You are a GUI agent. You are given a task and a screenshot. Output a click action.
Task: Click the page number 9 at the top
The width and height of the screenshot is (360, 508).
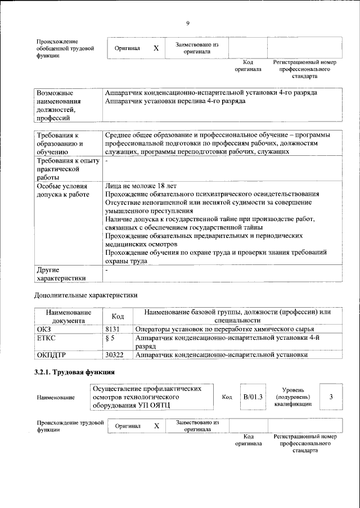point(188,23)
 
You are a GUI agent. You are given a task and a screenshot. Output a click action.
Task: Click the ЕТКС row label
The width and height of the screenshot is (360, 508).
point(46,338)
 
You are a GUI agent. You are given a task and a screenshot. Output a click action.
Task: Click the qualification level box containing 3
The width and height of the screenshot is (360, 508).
point(331,397)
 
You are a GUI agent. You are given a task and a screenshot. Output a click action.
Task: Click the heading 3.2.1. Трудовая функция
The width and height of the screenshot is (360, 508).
point(74,372)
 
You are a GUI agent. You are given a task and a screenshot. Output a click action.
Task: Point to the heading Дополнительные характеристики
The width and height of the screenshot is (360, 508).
point(85,294)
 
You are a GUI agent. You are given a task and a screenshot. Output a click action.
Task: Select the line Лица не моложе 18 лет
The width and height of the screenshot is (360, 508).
point(141,185)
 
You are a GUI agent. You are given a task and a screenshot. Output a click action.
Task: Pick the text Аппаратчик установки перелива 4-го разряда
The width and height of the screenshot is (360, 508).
point(175,101)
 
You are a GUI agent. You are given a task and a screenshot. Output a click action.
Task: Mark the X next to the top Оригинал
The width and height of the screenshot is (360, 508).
point(156,48)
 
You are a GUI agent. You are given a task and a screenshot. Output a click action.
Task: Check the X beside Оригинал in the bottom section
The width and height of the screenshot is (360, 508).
point(157,426)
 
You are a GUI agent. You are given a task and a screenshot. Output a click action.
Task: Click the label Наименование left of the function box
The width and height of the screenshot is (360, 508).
point(56,398)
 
